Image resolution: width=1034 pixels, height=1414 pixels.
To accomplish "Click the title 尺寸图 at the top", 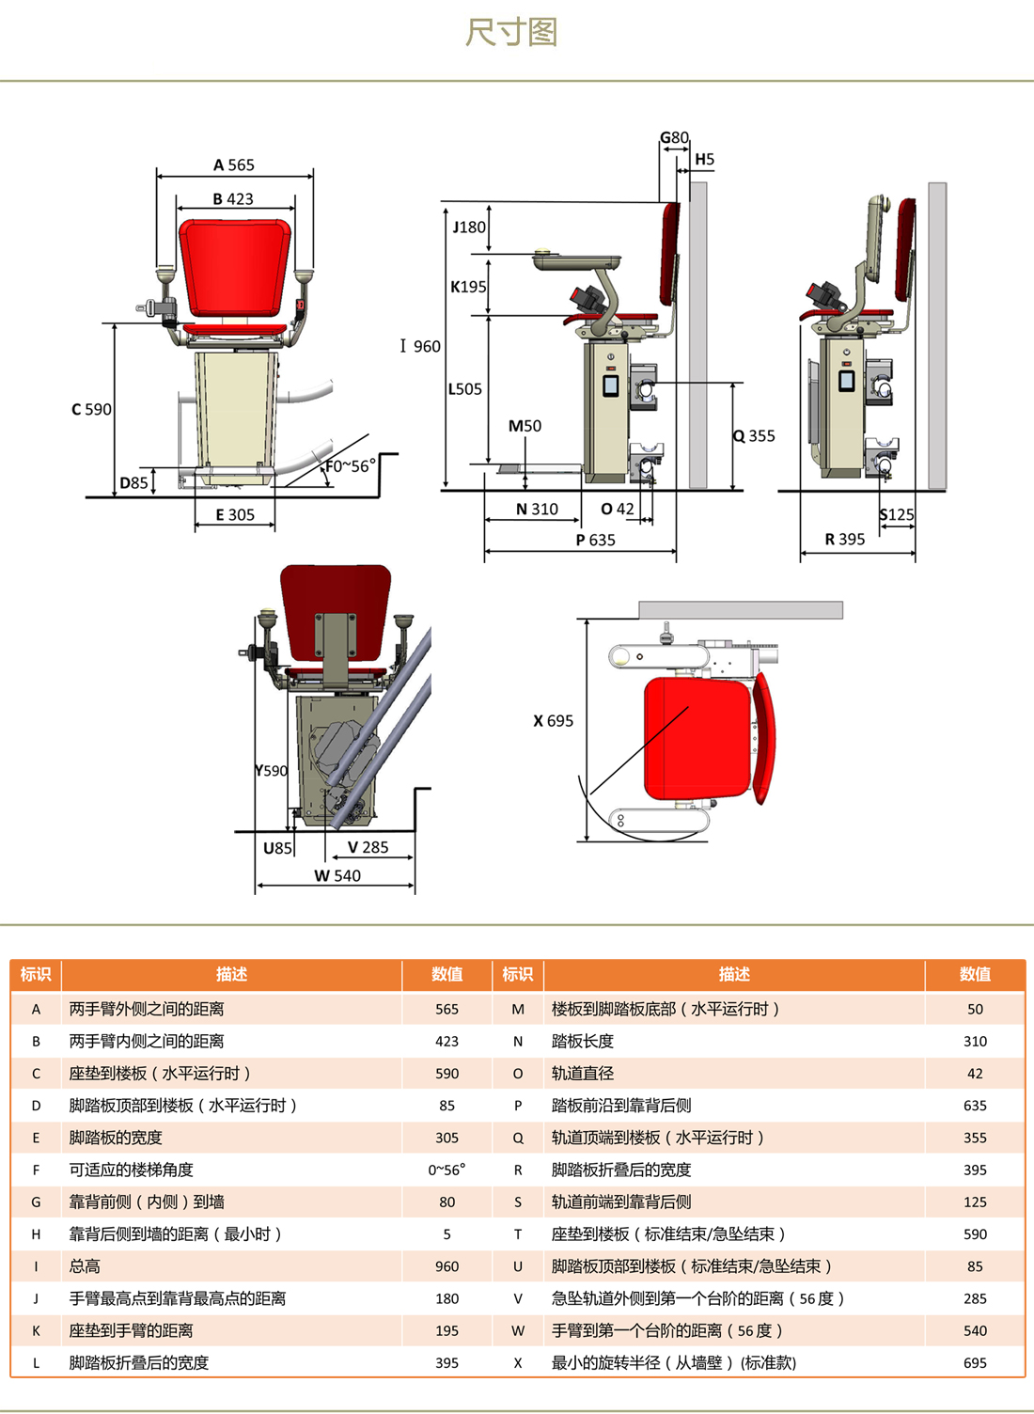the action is pos(511,32).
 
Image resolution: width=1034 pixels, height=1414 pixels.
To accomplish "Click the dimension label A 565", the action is pos(233,165).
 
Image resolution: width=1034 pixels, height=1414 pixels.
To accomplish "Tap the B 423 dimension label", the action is pos(233,199).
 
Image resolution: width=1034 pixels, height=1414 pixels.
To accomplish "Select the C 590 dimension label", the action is pos(91,410).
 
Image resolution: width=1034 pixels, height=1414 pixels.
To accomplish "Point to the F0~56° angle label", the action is pos(351,466).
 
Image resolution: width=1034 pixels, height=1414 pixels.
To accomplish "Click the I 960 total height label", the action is pos(420,347).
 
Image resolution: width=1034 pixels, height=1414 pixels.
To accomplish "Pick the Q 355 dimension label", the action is pos(754,436).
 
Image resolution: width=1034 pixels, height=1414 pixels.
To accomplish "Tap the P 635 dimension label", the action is pos(595,541).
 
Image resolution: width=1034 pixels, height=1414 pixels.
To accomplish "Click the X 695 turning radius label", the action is pos(553,721).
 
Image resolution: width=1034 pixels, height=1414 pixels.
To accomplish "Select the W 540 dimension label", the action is pos(337,876).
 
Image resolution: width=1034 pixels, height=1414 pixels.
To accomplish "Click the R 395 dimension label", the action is pos(845,540).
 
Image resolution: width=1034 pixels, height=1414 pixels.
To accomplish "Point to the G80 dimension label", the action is pos(674,137).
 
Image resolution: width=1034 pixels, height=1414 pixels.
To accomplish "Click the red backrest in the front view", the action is pos(235,267).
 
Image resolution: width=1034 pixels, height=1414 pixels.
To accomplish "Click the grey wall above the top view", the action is pos(741,610).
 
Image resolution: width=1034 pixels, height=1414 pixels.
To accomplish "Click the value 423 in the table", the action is pos(446,1042).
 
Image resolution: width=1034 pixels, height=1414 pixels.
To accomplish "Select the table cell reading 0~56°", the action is pos(446,1170).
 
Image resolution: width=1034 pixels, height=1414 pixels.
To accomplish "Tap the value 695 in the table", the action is pos(976,1363).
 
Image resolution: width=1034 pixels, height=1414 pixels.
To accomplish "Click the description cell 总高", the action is pos(85,1267).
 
